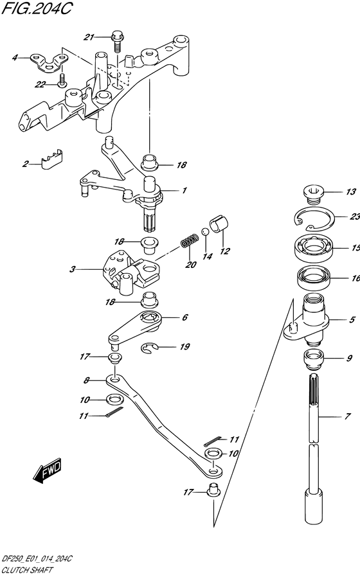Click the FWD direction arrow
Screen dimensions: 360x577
click(x=48, y=470)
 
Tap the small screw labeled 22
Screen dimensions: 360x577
click(x=62, y=80)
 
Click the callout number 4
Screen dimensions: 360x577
click(x=15, y=57)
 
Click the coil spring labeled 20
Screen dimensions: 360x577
click(x=190, y=243)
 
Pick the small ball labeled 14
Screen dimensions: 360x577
click(x=206, y=231)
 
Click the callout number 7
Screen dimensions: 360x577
click(x=348, y=416)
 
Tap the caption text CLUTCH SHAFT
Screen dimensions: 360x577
click(x=27, y=571)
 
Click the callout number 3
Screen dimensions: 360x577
click(x=72, y=269)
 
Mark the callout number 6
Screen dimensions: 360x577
click(x=184, y=317)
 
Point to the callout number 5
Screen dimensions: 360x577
click(x=352, y=320)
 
